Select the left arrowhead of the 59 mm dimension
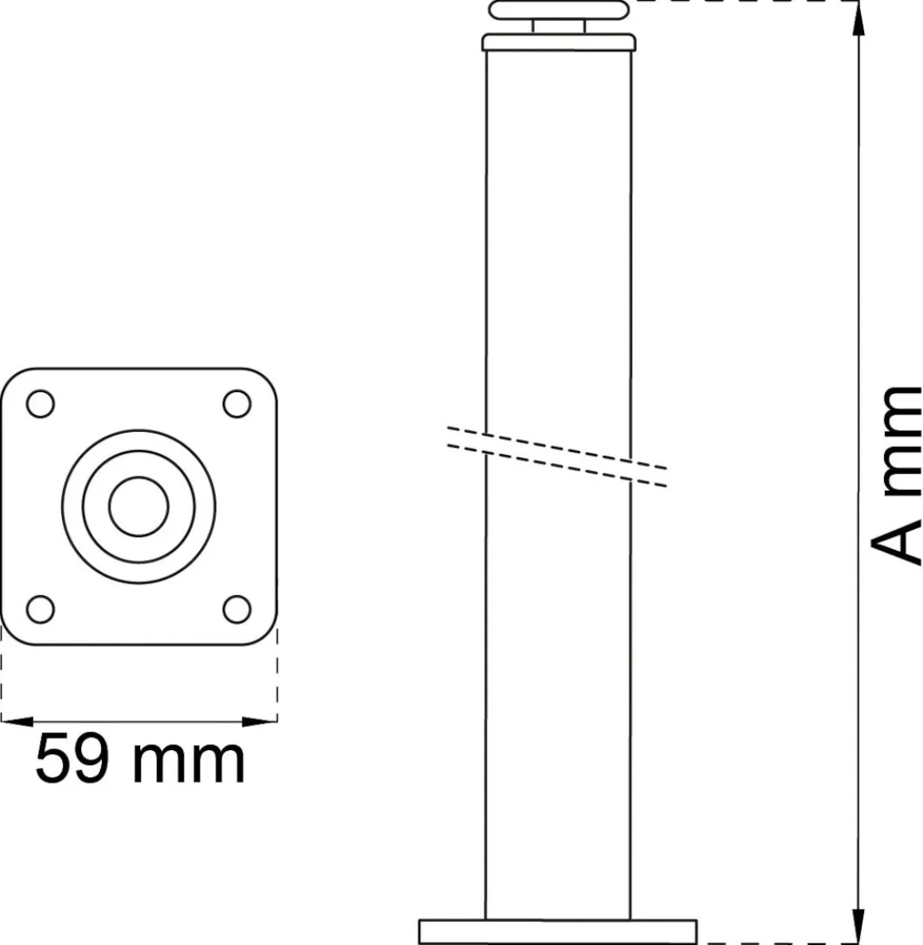coord(17,721)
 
